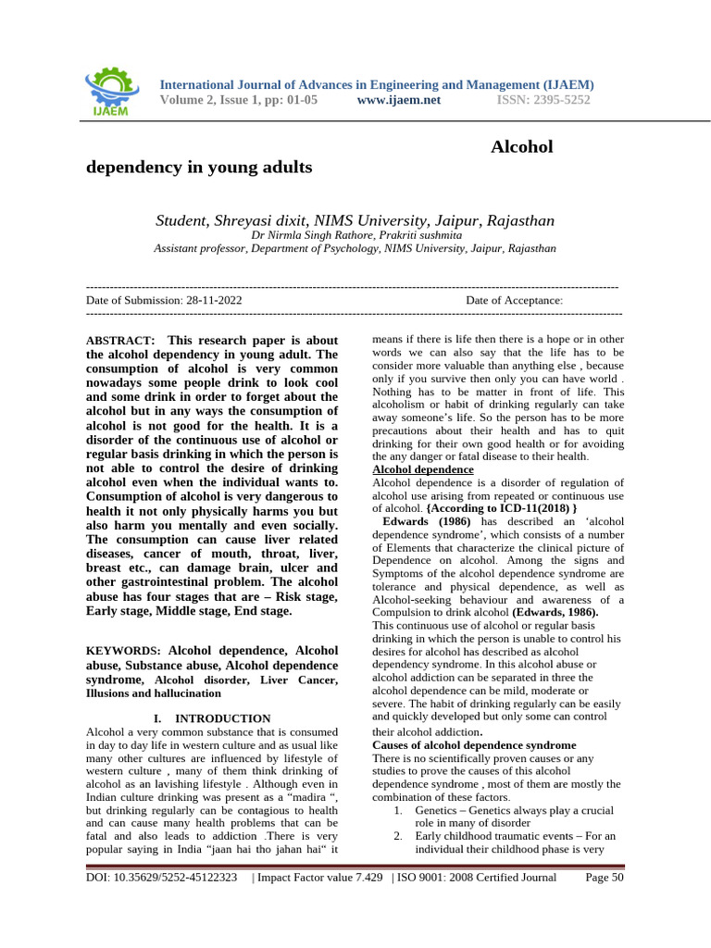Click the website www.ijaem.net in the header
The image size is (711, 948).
tap(398, 100)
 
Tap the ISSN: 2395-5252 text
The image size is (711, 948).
tap(543, 100)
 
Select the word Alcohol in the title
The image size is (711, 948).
tap(521, 146)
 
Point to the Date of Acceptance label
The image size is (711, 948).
tap(514, 300)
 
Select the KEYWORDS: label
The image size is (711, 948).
tap(123, 651)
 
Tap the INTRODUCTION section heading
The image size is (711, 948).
tap(222, 718)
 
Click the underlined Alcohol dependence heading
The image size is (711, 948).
tap(422, 469)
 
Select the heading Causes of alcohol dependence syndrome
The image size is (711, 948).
tap(473, 744)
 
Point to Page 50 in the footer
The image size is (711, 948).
tap(605, 878)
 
